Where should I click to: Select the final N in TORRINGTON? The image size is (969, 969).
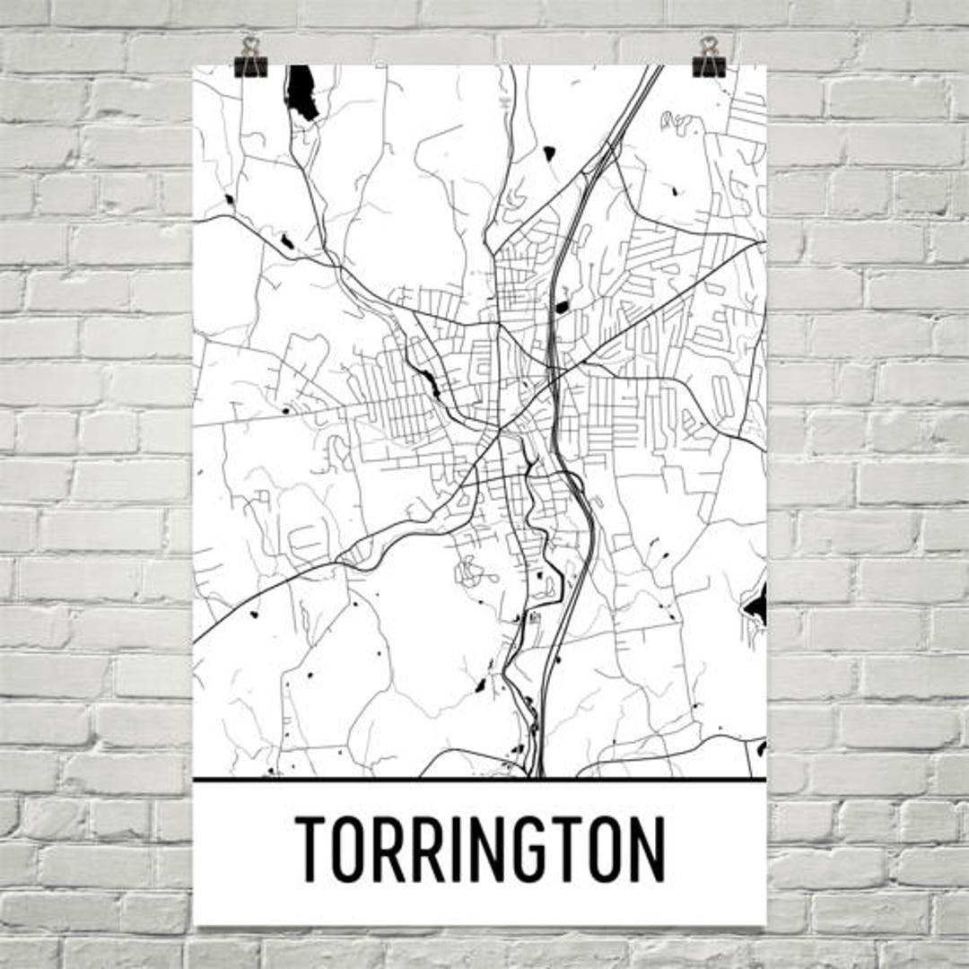(x=645, y=848)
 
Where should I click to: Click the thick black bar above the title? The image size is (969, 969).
(x=480, y=779)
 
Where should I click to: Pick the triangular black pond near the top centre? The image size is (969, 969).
(x=549, y=153)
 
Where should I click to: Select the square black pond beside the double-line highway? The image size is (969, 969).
(x=562, y=307)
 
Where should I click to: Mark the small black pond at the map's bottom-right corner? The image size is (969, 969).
(x=761, y=747)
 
